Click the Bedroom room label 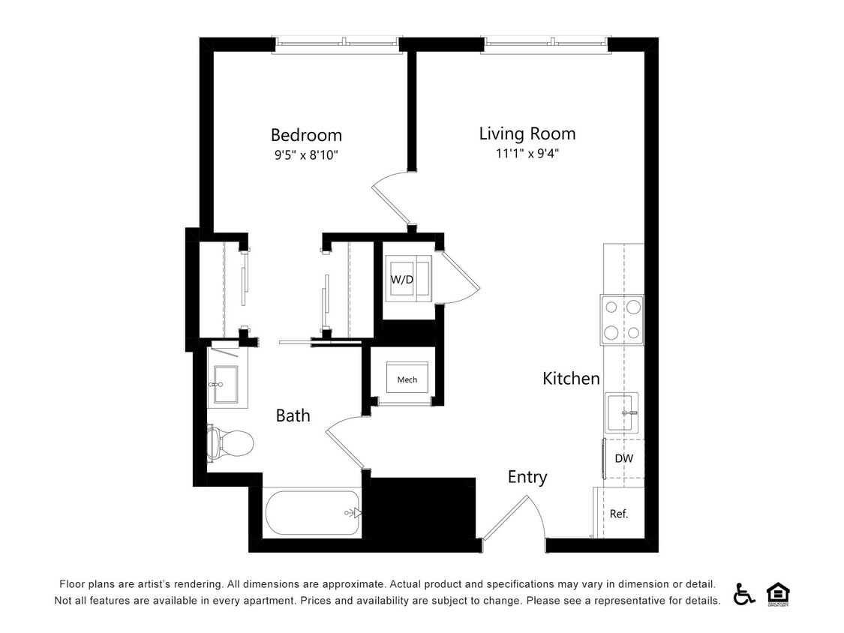click(x=306, y=135)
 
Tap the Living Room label click(x=527, y=133)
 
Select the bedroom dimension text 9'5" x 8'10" click(x=306, y=155)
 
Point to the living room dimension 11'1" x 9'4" click(x=527, y=154)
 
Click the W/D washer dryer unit click(x=408, y=279)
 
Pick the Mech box click(x=407, y=379)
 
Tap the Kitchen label click(x=571, y=379)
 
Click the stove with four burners click(x=622, y=319)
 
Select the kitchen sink click(x=622, y=412)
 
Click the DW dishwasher click(x=623, y=458)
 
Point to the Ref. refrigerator click(x=619, y=514)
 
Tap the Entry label click(x=527, y=477)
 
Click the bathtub click(x=312, y=513)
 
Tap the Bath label click(x=293, y=415)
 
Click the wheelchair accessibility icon click(x=744, y=594)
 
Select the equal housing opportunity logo click(x=778, y=594)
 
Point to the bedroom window click(x=337, y=44)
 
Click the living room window click(x=545, y=44)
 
